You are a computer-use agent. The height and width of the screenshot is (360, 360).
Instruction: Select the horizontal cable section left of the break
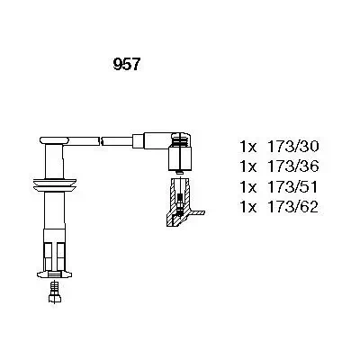tap(85, 140)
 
